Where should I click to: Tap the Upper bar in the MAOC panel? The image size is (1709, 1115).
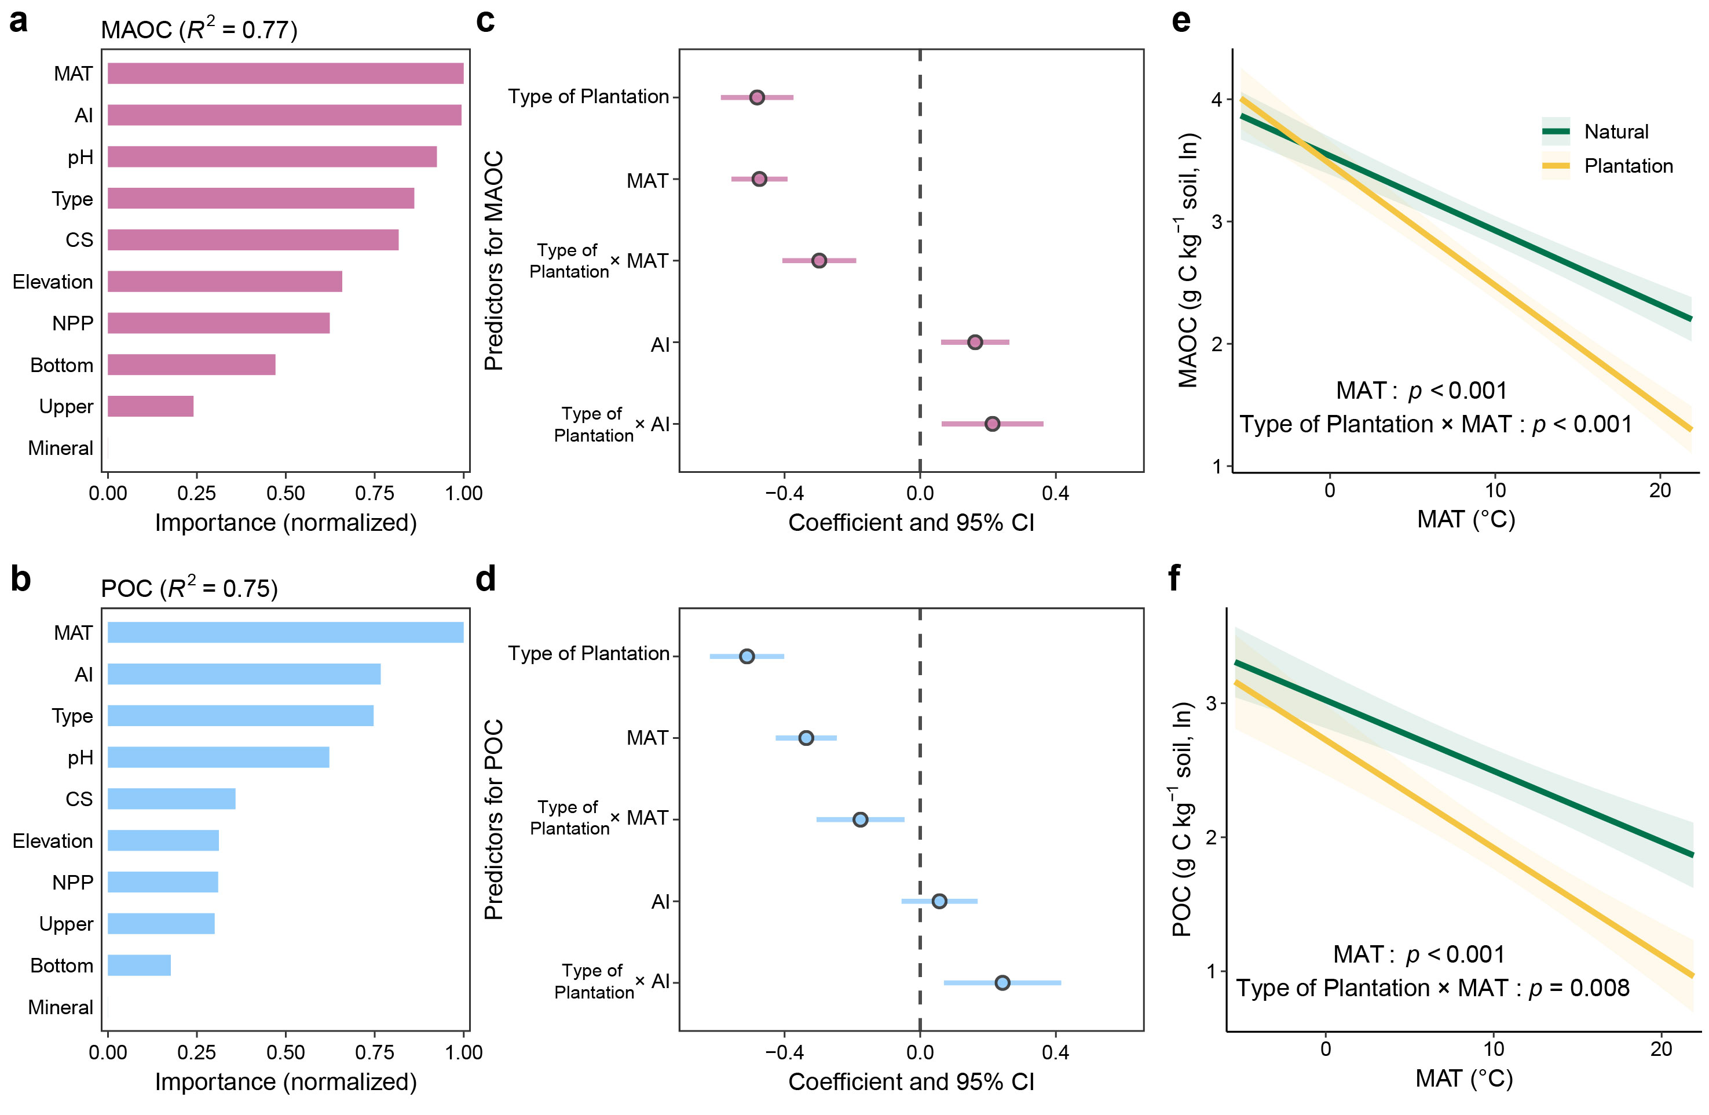[150, 406]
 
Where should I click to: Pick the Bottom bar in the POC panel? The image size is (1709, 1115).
[140, 965]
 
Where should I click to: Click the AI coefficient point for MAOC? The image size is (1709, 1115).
[975, 342]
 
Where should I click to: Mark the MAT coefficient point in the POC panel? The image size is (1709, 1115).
[806, 738]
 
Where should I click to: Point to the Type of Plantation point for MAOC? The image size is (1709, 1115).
[757, 97]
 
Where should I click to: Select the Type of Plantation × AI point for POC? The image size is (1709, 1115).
[1002, 982]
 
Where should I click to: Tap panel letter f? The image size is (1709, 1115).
[1175, 578]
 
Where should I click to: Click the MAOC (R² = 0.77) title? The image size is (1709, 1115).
[199, 30]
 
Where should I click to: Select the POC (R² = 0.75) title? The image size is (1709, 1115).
[189, 588]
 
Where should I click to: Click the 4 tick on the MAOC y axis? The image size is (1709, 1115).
[1216, 99]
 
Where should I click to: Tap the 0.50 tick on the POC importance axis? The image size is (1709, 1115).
[285, 1052]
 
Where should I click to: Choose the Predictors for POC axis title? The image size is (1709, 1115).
[494, 819]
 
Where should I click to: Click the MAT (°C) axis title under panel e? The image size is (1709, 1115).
[1466, 519]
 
